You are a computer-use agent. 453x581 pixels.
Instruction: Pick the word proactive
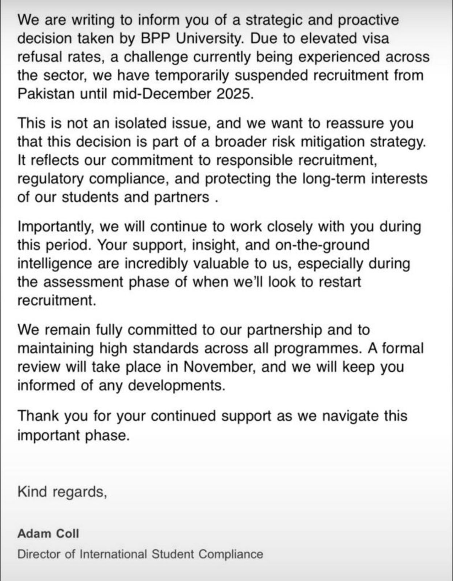point(369,20)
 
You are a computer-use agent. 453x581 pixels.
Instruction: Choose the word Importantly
point(56,227)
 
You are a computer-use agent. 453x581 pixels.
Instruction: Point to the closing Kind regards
point(62,492)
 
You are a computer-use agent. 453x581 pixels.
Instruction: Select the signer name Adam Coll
point(48,533)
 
